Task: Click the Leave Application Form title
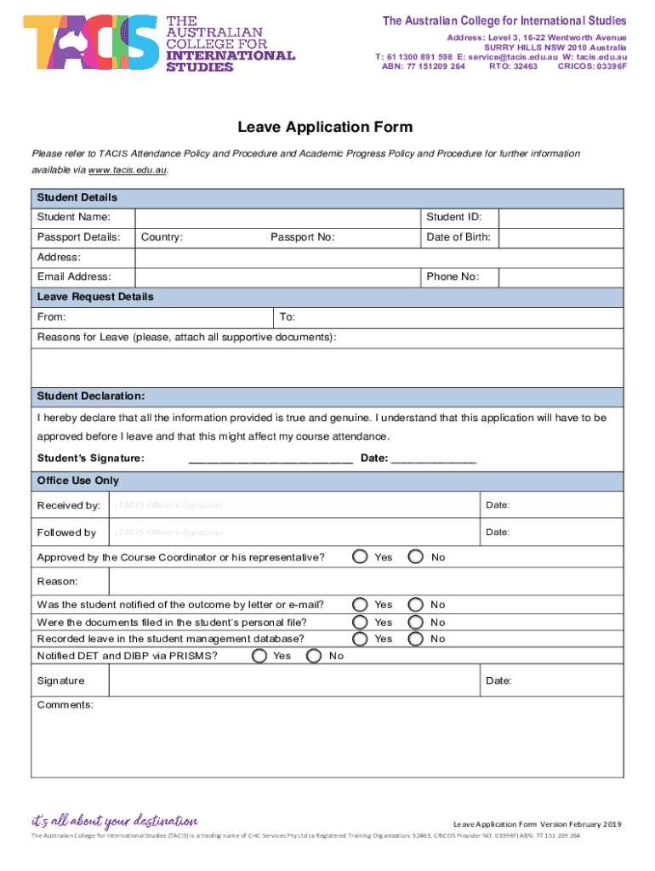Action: click(325, 128)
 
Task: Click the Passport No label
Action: click(302, 237)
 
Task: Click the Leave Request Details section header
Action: click(95, 297)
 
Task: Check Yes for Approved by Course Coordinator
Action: click(361, 557)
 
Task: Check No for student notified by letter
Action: click(416, 605)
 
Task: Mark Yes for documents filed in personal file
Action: click(361, 623)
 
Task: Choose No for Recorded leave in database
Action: click(416, 639)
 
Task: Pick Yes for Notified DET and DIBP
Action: click(259, 656)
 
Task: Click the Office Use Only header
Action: click(78, 481)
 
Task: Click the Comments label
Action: click(65, 705)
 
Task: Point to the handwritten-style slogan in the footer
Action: click(114, 822)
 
